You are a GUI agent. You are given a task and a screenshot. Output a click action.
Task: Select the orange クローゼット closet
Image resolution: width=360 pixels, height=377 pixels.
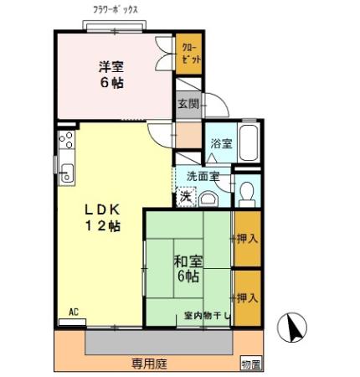coord(188,54)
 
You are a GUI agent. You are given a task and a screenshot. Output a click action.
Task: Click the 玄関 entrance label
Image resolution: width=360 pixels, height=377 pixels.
coord(188,104)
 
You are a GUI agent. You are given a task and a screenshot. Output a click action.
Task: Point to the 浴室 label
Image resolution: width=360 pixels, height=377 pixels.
coord(220,144)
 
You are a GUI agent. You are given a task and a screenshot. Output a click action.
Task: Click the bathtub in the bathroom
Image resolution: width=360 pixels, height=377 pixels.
coord(248,143)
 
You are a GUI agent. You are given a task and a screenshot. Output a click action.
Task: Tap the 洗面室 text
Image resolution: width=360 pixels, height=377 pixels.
coord(203,176)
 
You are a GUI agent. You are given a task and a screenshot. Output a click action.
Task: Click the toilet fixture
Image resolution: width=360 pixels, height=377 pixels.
coord(246,193)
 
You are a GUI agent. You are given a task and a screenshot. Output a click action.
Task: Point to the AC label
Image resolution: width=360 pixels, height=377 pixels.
coord(73,312)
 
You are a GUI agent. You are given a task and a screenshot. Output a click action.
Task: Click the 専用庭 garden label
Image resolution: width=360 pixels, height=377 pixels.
coord(147,363)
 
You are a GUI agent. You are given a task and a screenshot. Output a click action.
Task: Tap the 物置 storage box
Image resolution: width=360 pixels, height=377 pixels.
coord(250,364)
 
